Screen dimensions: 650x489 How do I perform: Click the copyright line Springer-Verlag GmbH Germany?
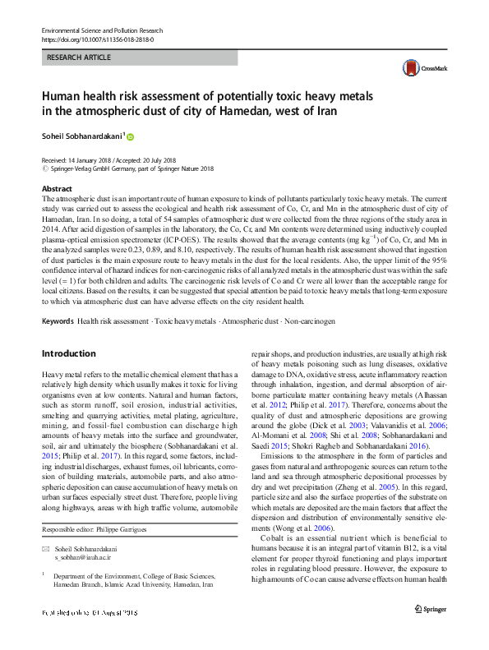pos(127,168)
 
